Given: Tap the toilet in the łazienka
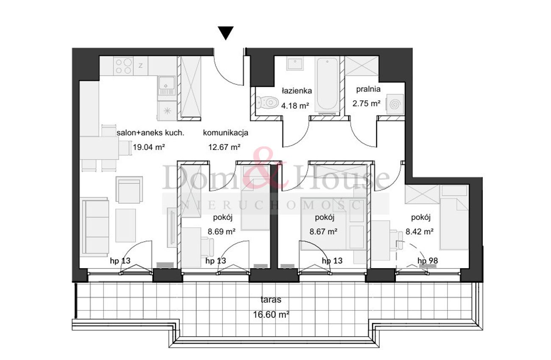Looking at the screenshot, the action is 267,102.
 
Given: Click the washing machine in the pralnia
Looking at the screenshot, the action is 395,104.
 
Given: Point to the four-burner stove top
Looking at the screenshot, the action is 123,66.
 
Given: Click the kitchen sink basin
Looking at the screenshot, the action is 167,83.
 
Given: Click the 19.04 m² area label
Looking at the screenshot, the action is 149,147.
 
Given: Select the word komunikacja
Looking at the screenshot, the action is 225,133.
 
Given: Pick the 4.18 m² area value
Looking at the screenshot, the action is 295,105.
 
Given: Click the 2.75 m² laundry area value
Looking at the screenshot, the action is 367,103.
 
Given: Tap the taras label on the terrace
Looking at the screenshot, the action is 271,299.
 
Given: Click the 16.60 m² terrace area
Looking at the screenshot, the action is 271,314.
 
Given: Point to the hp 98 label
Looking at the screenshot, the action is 428,260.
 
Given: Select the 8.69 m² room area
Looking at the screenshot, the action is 222,231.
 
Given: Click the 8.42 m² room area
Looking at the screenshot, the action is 420,231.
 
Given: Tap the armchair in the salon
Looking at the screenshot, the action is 129,190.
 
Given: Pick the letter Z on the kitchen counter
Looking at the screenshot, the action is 141,66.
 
